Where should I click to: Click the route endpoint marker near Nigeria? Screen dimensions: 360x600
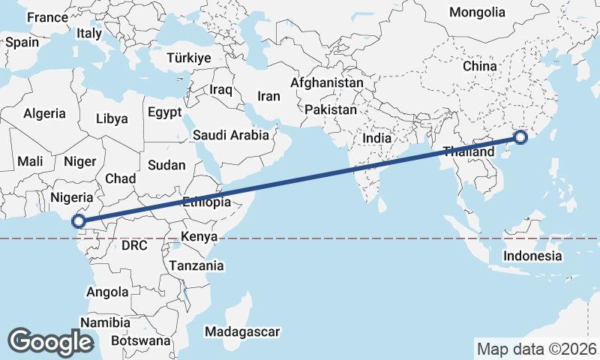pyautogui.click(x=77, y=220)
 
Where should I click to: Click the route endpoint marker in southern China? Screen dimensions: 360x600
pyautogui.click(x=520, y=137)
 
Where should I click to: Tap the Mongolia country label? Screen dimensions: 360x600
pyautogui.click(x=477, y=12)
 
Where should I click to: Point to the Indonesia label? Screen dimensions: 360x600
pyautogui.click(x=532, y=256)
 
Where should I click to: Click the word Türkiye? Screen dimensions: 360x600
pyautogui.click(x=189, y=58)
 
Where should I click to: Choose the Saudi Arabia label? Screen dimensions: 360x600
pyautogui.click(x=230, y=135)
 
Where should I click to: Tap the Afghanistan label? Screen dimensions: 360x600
pyautogui.click(x=327, y=82)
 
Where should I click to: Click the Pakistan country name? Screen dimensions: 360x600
pyautogui.click(x=331, y=109)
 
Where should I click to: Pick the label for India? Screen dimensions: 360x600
pyautogui.click(x=376, y=138)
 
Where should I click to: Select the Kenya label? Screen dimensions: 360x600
pyautogui.click(x=199, y=237)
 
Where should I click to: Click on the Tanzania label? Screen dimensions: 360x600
pyautogui.click(x=196, y=265)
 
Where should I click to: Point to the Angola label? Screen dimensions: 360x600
pyautogui.click(x=107, y=292)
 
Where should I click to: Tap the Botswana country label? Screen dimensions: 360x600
pyautogui.click(x=140, y=340)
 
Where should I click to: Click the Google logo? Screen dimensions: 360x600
pyautogui.click(x=50, y=342)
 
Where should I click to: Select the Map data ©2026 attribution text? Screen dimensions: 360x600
pyautogui.click(x=536, y=349)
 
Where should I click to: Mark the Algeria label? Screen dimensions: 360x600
pyautogui.click(x=44, y=114)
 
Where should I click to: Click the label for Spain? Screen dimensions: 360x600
pyautogui.click(x=22, y=42)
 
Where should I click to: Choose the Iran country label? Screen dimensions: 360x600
pyautogui.click(x=268, y=96)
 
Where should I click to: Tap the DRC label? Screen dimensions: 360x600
pyautogui.click(x=135, y=245)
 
